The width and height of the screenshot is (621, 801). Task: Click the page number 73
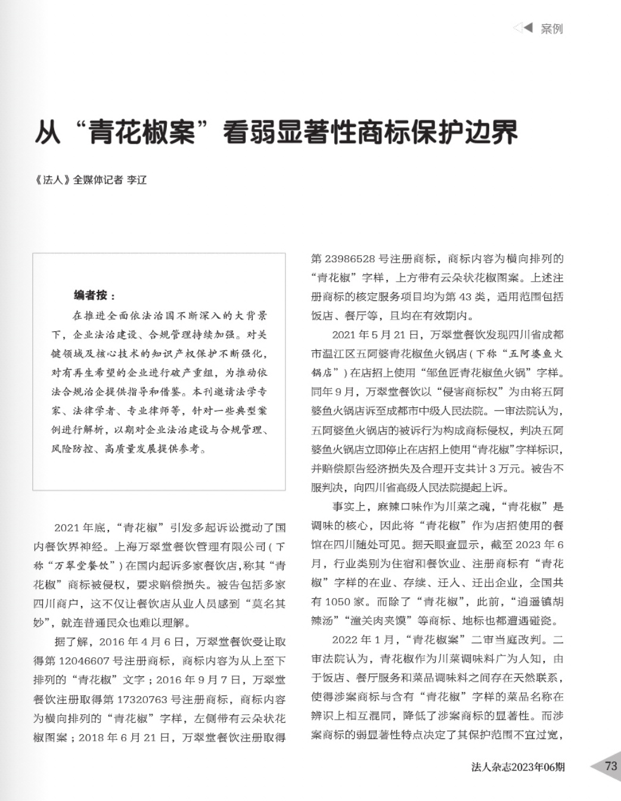tap(610, 766)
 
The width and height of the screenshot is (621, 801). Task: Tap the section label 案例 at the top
tap(551, 29)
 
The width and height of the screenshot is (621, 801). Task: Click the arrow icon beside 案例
tap(523, 27)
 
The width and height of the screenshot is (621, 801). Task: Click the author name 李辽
tap(136, 179)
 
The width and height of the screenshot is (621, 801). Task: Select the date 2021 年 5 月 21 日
tap(376, 335)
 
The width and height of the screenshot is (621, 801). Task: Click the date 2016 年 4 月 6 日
tap(142, 642)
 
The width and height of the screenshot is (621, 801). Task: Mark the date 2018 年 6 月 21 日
tap(125, 737)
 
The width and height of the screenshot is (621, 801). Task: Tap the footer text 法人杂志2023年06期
tap(517, 767)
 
